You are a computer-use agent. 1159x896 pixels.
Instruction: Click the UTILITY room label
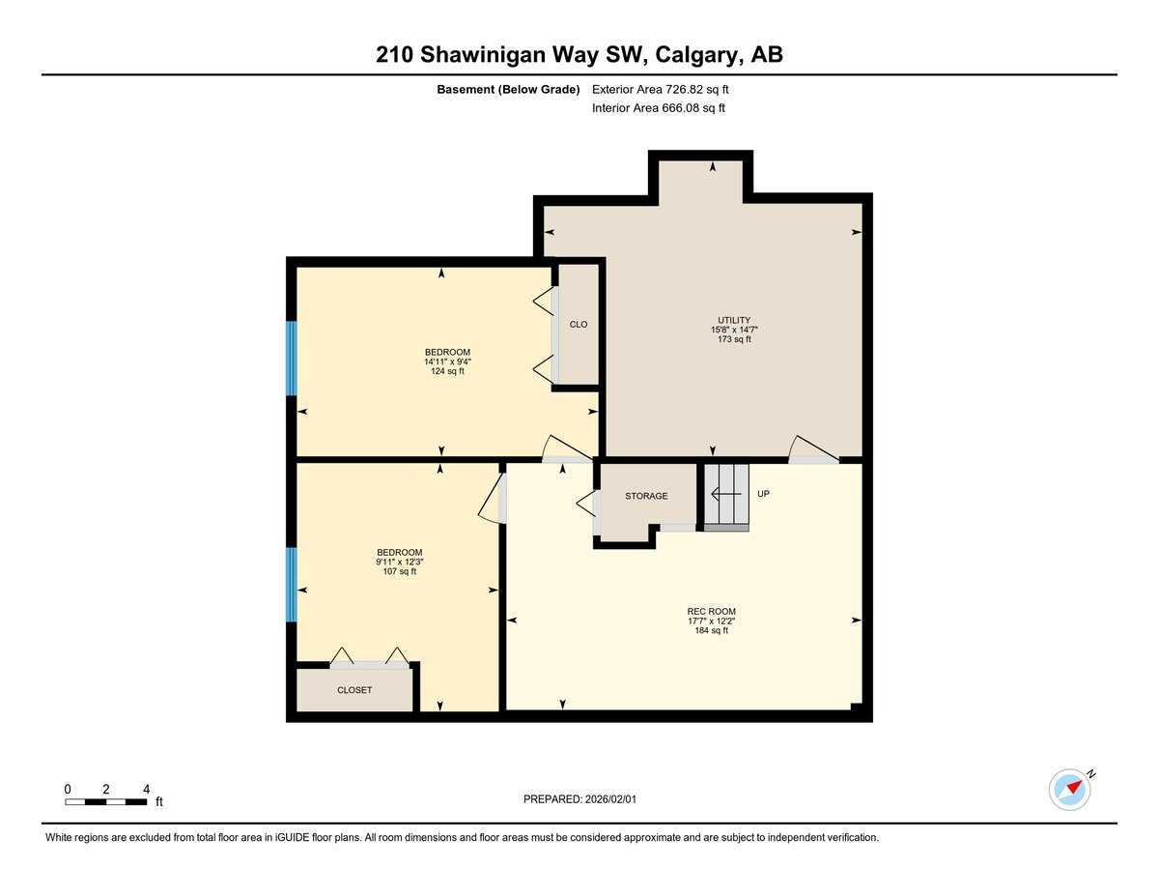point(734,320)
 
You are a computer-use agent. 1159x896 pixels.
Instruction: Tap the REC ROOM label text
point(712,611)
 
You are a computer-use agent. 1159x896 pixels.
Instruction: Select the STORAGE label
point(646,496)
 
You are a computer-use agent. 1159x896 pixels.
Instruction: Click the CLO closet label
point(579,325)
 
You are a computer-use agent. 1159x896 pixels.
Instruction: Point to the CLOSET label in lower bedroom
point(354,690)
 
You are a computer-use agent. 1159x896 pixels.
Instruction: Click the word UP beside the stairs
point(763,494)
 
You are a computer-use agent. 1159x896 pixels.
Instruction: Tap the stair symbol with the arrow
point(726,495)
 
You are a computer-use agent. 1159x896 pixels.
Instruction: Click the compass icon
point(1070,789)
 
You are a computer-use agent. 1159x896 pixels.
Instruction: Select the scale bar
point(106,801)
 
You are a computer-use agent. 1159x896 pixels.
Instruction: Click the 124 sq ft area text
point(447,371)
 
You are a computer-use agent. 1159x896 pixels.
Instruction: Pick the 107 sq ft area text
point(399,571)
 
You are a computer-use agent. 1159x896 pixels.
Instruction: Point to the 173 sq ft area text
point(734,339)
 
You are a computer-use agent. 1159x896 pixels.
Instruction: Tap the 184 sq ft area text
point(712,630)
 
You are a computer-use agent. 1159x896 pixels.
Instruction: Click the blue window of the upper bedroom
point(291,359)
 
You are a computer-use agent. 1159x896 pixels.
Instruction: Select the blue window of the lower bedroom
point(291,585)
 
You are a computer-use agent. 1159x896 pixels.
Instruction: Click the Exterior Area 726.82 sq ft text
point(661,89)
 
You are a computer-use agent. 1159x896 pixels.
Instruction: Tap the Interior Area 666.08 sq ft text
point(659,108)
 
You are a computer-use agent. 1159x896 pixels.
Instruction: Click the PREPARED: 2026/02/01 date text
point(580,799)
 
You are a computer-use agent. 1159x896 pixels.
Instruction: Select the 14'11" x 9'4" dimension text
point(447,361)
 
